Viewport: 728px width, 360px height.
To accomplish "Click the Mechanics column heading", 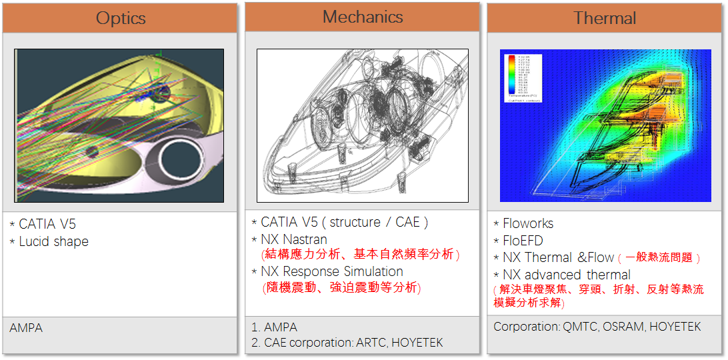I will point(363,17).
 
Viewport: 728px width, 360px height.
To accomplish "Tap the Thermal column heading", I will point(605,18).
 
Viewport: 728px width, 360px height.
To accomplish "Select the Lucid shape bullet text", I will point(53,241).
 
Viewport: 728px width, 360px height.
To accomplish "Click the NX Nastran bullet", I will point(294,239).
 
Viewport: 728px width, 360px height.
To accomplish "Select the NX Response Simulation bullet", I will point(331,271).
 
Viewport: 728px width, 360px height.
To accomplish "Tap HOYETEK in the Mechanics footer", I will point(417,343).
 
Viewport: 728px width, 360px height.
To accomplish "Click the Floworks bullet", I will point(528,223).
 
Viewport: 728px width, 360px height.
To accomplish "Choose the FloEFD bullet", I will point(523,240).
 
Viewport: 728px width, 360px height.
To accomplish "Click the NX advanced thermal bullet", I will point(567,275).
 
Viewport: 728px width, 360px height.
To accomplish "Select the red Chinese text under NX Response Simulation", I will point(341,287).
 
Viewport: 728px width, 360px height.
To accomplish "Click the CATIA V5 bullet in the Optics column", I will point(47,224).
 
